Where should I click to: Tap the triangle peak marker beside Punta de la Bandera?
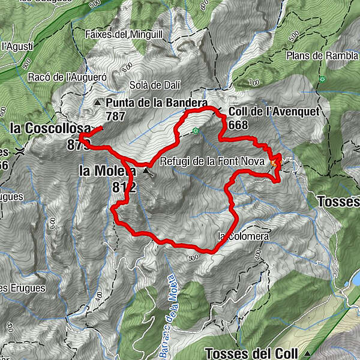tap(98, 103)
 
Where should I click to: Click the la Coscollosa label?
tap(50, 128)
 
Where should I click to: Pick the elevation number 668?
tap(239, 124)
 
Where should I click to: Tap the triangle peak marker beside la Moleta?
tap(146, 172)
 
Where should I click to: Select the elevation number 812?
tap(124, 187)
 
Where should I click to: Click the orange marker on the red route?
tap(274, 162)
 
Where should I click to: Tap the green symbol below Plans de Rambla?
tap(322, 79)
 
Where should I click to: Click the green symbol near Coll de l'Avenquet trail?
tap(195, 131)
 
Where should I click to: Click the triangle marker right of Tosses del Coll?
tap(308, 353)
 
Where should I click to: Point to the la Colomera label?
tap(244, 236)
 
